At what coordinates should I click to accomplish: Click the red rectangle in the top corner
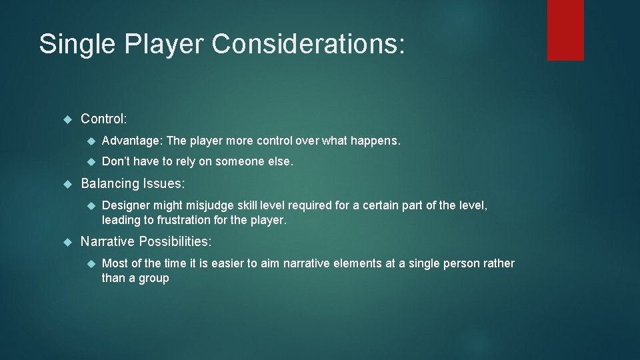tap(565, 30)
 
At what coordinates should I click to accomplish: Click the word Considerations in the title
tap(308, 44)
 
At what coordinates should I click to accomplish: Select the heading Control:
tap(103, 119)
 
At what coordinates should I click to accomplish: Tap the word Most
tap(114, 263)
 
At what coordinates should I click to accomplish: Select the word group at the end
tap(155, 278)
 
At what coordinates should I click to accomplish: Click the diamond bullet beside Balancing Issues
tap(67, 183)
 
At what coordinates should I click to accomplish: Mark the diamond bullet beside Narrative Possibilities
tap(67, 241)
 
